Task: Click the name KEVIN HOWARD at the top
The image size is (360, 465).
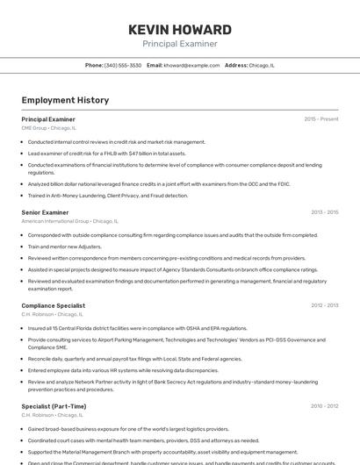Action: [x=180, y=29]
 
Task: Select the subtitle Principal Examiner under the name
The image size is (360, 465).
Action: [x=180, y=44]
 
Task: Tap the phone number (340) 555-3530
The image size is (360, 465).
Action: [x=122, y=65]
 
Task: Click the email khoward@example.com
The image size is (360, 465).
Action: [x=191, y=65]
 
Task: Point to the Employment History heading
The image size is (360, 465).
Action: [x=65, y=100]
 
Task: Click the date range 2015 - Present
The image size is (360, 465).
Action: [x=321, y=118]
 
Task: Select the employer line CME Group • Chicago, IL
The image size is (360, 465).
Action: [x=48, y=128]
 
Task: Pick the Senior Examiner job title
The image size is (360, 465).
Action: [x=45, y=212]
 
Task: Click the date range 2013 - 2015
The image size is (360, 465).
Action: [x=324, y=212]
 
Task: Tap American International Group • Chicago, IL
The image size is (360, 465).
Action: [x=68, y=221]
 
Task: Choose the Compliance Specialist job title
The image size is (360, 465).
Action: [x=53, y=305]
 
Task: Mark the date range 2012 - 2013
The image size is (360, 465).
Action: [x=324, y=305]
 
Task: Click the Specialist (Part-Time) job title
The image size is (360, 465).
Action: [x=54, y=406]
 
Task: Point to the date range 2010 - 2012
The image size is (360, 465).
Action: [x=324, y=406]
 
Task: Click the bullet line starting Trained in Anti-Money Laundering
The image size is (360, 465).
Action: [x=108, y=196]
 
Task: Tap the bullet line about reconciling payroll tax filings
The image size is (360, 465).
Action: [x=134, y=359]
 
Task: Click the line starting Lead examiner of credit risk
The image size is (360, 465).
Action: [x=106, y=153]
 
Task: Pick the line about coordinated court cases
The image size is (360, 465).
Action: [x=143, y=440]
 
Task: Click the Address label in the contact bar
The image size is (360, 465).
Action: [x=236, y=65]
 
